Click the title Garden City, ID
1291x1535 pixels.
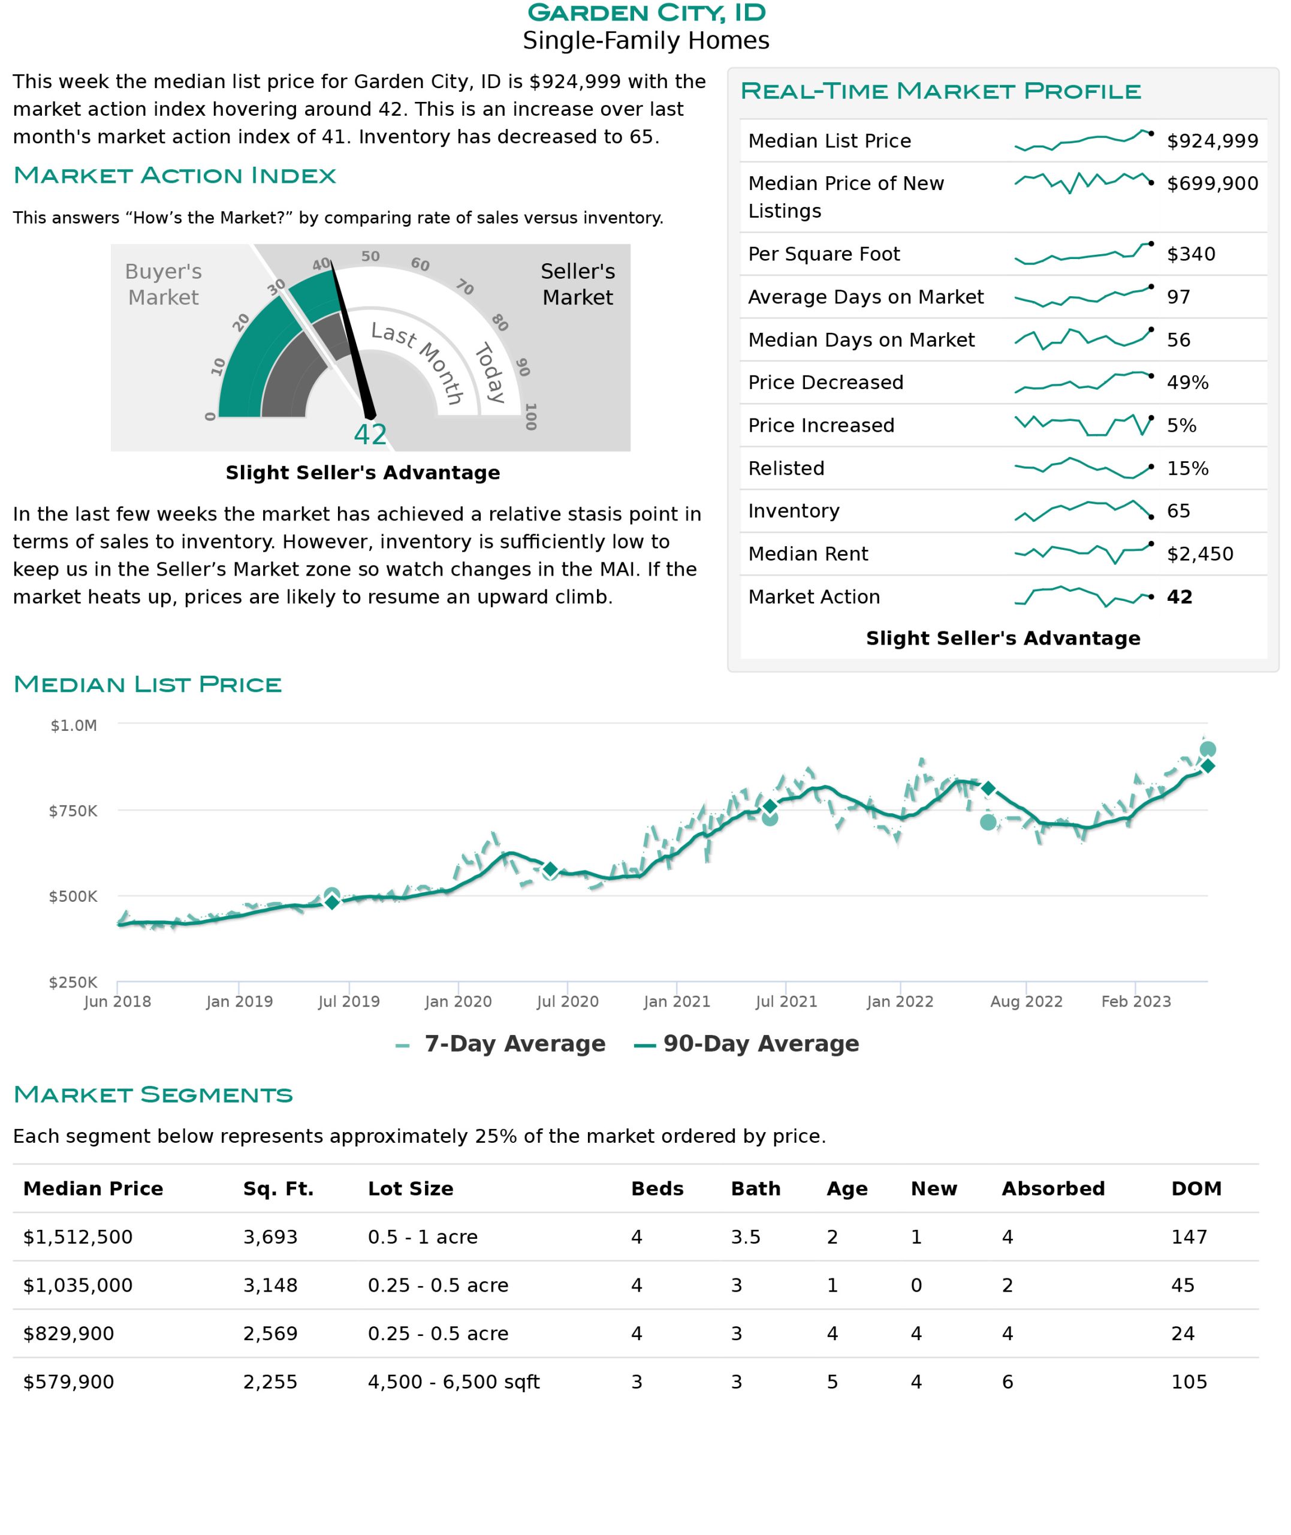[645, 13]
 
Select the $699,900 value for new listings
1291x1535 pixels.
[1212, 183]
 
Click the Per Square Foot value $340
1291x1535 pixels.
[1191, 254]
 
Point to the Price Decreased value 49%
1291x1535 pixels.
[1187, 382]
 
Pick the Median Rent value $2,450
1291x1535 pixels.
[1199, 553]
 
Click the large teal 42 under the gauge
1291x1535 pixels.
[370, 434]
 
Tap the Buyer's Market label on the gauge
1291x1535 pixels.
[163, 284]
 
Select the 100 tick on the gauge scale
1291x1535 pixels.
[530, 417]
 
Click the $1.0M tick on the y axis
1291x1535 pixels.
[73, 725]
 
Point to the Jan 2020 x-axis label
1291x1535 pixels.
[458, 1001]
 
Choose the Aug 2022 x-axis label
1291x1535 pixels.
[1026, 1001]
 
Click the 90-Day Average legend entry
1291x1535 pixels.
[747, 1043]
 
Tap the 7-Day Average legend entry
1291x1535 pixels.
[500, 1043]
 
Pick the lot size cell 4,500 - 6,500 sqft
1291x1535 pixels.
[453, 1381]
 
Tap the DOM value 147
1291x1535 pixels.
[1189, 1236]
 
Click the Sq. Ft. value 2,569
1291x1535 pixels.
[270, 1333]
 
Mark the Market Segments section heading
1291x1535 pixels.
[153, 1094]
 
